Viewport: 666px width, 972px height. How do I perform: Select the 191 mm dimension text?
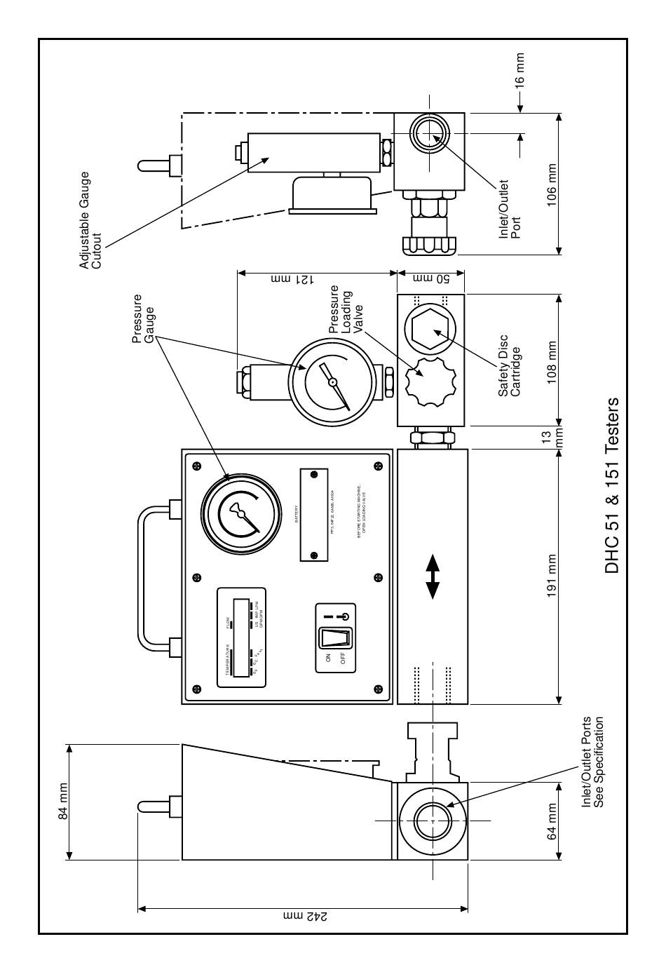[552, 575]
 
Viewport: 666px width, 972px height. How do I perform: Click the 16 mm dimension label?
[520, 70]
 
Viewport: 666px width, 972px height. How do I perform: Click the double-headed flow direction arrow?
[433, 576]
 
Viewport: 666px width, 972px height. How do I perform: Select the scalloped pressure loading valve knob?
[426, 382]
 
